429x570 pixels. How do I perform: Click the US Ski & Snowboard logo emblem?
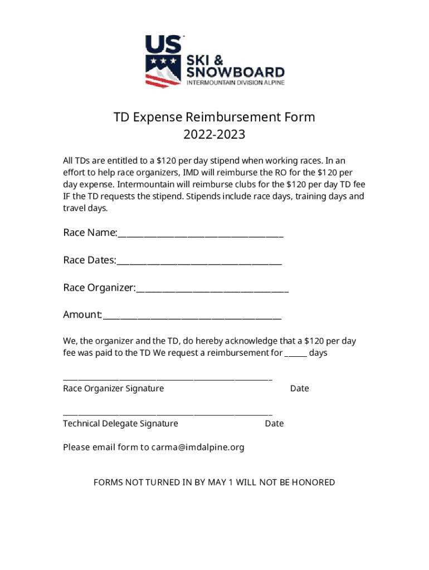(x=163, y=61)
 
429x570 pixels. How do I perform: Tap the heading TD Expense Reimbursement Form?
(x=214, y=117)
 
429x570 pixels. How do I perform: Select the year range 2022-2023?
(x=214, y=135)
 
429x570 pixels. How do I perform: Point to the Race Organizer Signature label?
(x=113, y=389)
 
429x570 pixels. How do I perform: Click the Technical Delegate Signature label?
(x=120, y=424)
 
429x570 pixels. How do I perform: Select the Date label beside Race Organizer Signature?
(x=299, y=389)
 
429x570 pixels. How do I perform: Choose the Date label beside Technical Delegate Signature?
(x=274, y=424)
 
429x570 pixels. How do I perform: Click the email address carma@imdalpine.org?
(x=197, y=447)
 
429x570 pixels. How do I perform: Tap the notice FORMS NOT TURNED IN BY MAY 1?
(x=214, y=482)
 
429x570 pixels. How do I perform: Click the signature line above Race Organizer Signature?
(x=167, y=379)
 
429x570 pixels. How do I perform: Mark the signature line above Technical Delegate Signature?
(x=167, y=414)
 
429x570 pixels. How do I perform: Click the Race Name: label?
(x=90, y=233)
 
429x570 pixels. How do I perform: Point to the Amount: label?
(x=82, y=315)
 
